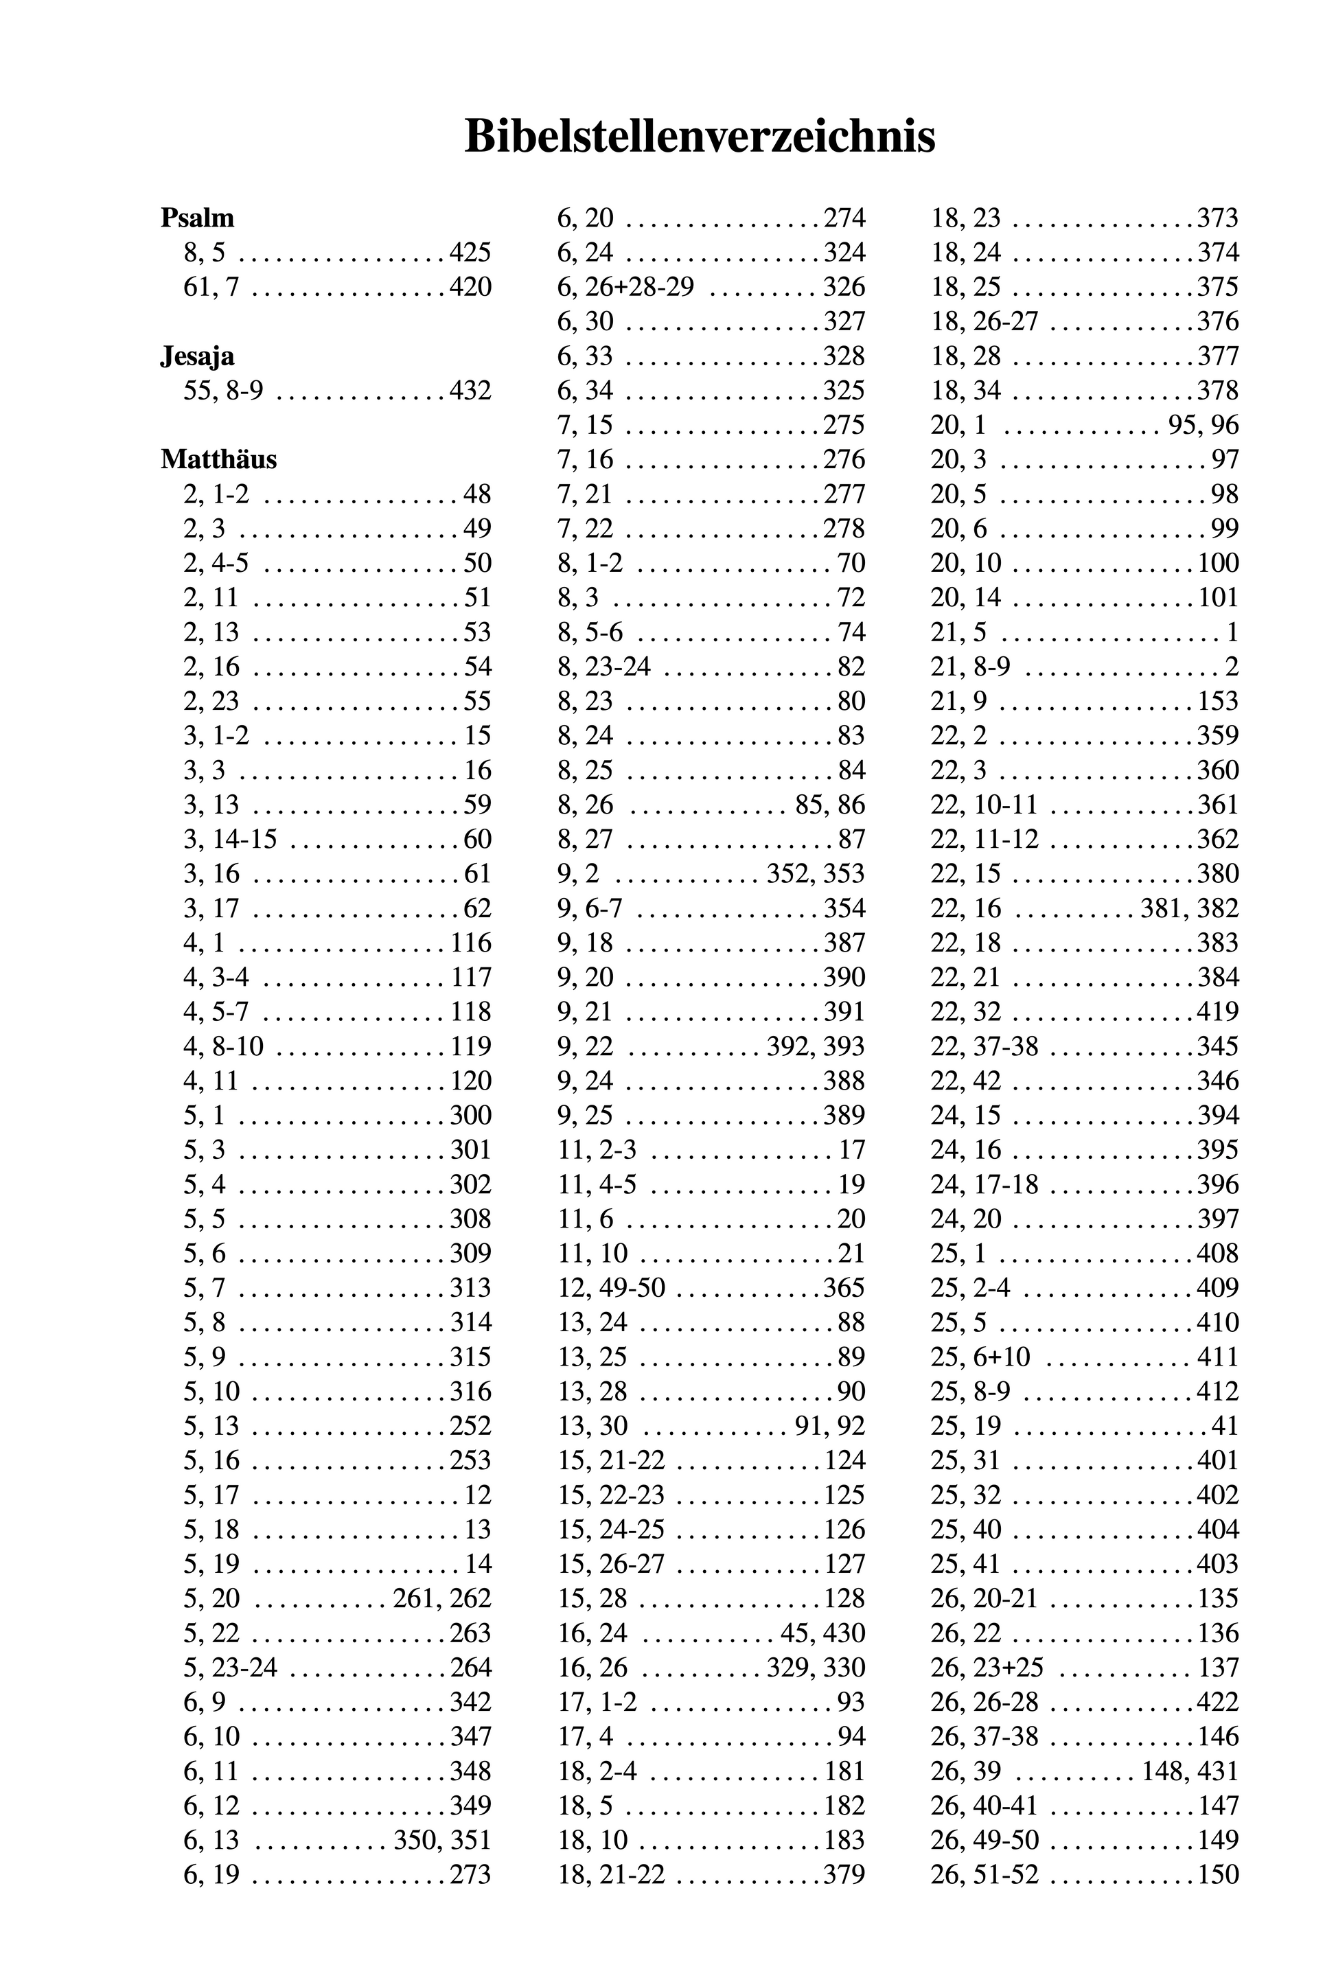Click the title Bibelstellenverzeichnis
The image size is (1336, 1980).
coord(700,137)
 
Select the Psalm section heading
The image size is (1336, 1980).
coord(197,218)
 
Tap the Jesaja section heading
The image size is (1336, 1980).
coord(197,356)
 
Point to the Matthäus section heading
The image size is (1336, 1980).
coord(218,459)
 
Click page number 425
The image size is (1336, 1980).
coord(470,253)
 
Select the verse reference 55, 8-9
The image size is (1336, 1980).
coord(223,391)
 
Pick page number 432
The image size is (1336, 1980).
coord(470,391)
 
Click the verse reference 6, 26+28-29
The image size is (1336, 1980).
coord(625,287)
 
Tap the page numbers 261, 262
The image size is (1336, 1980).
coord(442,1598)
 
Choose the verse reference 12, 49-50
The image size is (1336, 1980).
coord(611,1287)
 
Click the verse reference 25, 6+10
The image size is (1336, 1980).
coord(980,1357)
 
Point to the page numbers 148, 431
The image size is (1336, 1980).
coord(1190,1771)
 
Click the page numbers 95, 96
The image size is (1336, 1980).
coord(1203,425)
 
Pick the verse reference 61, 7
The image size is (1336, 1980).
coord(211,287)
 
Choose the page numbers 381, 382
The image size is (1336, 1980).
coord(1190,908)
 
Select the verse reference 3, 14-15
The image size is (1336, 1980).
coord(230,839)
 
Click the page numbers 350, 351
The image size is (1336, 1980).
coord(442,1839)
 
